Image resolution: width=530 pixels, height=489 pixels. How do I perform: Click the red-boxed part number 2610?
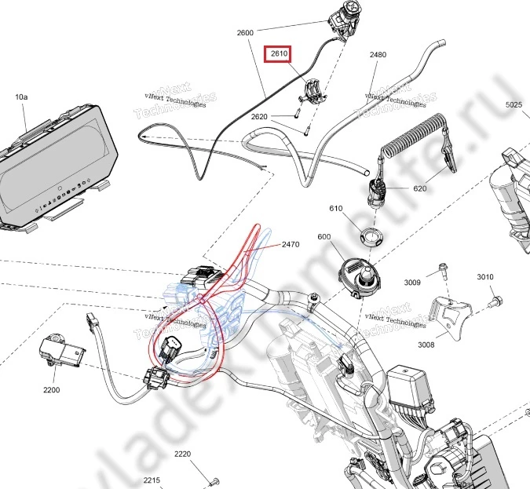pos(280,54)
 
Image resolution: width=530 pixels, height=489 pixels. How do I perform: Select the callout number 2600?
pos(245,33)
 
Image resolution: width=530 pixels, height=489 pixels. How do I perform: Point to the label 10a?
pos(21,97)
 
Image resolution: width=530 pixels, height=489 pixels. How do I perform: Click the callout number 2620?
pos(259,116)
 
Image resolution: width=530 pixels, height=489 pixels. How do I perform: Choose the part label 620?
pos(419,188)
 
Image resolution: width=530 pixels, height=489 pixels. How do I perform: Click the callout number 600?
pos(324,237)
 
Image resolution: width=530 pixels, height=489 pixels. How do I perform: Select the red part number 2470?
pos(291,245)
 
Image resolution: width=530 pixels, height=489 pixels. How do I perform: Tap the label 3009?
pos(413,283)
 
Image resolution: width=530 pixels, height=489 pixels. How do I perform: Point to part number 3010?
pos(486,277)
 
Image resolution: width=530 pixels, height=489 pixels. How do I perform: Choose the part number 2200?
pos(51,389)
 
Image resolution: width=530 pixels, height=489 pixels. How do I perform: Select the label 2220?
pos(182,454)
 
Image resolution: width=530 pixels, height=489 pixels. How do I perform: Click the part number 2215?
pos(152,480)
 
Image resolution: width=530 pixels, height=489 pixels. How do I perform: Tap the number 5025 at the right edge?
pos(514,104)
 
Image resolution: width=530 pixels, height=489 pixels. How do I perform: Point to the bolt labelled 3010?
pos(496,300)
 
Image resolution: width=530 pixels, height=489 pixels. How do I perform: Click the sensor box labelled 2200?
pos(57,352)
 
